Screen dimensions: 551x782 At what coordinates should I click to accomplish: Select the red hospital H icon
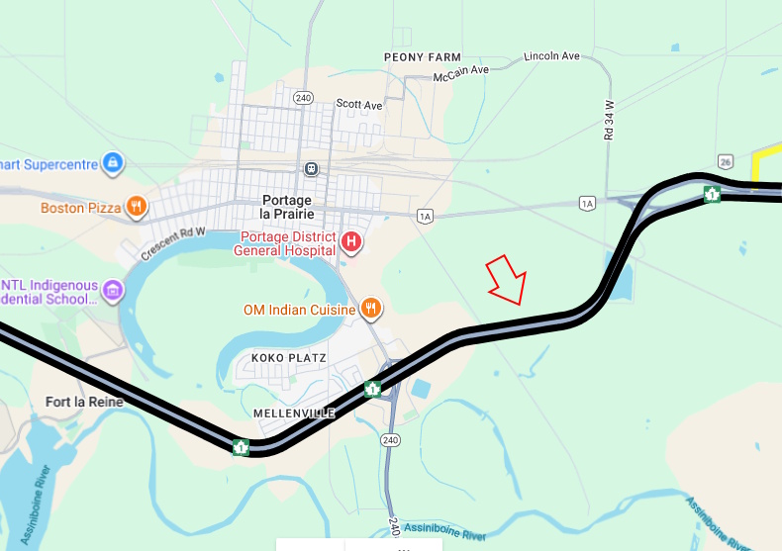(x=350, y=241)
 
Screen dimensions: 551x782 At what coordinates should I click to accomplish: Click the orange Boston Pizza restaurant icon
(x=137, y=208)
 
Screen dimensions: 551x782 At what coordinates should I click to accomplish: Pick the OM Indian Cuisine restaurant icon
(x=370, y=309)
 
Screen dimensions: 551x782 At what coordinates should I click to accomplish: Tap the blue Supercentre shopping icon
(x=113, y=161)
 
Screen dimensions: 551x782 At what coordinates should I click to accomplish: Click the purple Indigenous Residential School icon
(x=113, y=291)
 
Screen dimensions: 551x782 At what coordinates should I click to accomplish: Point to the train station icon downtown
(x=312, y=168)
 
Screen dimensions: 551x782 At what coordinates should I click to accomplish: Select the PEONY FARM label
(x=423, y=57)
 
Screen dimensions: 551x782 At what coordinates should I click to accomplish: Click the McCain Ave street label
(x=461, y=73)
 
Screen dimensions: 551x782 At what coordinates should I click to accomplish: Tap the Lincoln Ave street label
(x=551, y=56)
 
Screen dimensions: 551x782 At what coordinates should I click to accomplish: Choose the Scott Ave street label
(x=358, y=104)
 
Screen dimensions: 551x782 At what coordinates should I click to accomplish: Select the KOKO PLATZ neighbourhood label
(x=289, y=357)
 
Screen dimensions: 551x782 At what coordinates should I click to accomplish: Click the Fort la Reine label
(x=84, y=403)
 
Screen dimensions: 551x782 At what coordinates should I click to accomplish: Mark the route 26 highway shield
(x=726, y=161)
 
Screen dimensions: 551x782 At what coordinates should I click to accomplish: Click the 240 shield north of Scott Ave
(x=303, y=97)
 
